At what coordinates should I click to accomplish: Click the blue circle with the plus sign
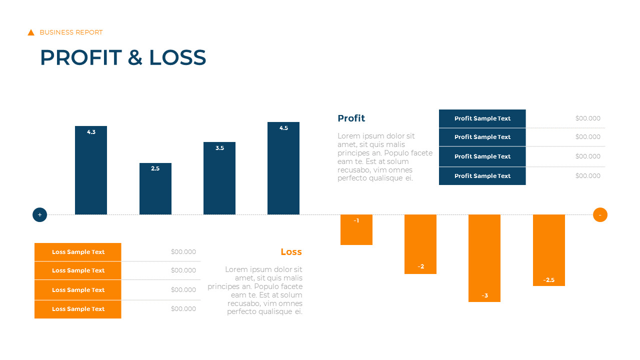pyautogui.click(x=39, y=215)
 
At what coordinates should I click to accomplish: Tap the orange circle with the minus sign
pyautogui.click(x=600, y=215)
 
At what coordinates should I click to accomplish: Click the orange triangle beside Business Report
pyautogui.click(x=31, y=32)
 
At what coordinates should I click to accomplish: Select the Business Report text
pyautogui.click(x=71, y=32)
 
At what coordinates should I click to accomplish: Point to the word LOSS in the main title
pyautogui.click(x=177, y=58)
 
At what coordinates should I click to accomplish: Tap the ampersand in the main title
pyautogui.click(x=135, y=58)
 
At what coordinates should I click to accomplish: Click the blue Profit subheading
pyautogui.click(x=351, y=118)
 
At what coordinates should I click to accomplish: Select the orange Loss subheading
pyautogui.click(x=291, y=252)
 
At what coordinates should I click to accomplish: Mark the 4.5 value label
pyautogui.click(x=283, y=128)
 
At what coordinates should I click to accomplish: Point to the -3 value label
pyautogui.click(x=484, y=296)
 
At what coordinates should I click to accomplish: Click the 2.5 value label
pyautogui.click(x=155, y=169)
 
